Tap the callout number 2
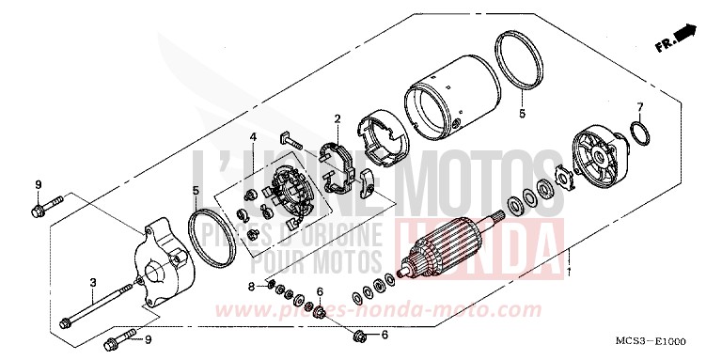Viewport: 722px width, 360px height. click(x=336, y=118)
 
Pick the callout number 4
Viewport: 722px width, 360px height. click(x=253, y=137)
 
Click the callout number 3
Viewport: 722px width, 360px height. click(x=93, y=282)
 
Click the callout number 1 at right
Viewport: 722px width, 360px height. click(x=570, y=272)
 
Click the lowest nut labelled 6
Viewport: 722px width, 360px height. click(x=359, y=334)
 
